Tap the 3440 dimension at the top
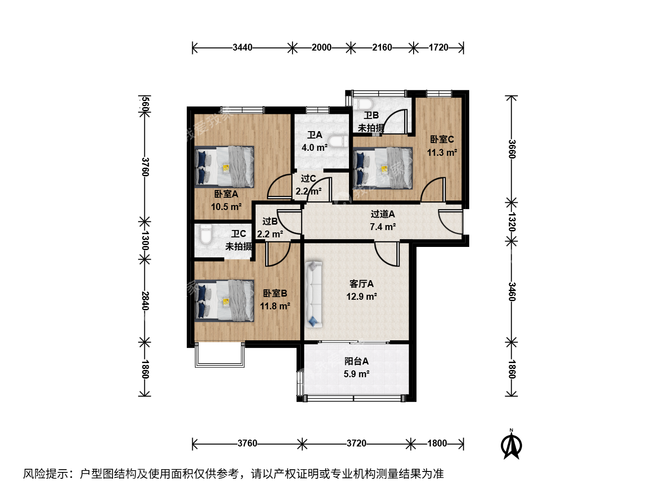[x=242, y=47]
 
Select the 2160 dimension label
[x=382, y=47]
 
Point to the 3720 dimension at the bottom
[x=356, y=443]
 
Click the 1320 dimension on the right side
[x=512, y=222]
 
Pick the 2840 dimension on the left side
[x=145, y=301]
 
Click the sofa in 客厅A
[x=313, y=294]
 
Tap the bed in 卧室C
[x=383, y=168]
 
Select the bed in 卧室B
[x=225, y=301]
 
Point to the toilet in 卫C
[x=205, y=234]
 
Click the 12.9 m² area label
[x=362, y=296]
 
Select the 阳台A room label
[x=357, y=361]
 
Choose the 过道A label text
[x=383, y=214]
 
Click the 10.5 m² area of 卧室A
[x=226, y=206]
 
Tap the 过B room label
[x=270, y=221]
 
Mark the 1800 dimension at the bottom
[x=437, y=443]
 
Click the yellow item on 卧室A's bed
[x=226, y=168]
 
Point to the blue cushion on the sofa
[x=313, y=321]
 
